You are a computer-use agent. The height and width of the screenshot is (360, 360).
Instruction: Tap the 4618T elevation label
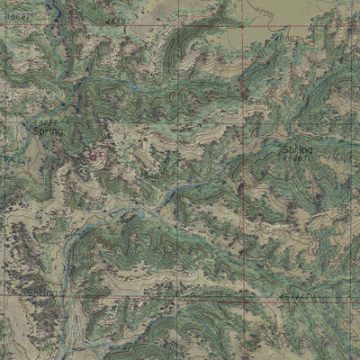pyautogui.click(x=115, y=21)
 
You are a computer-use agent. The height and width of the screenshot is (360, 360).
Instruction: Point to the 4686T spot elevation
pyautogui.click(x=289, y=40)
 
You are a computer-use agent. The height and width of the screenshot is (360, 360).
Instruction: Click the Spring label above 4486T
pyautogui.click(x=298, y=149)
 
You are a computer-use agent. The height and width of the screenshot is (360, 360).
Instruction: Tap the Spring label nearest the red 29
pyautogui.click(x=47, y=131)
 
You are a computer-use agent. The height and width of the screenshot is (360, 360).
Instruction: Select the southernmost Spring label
pyautogui.click(x=41, y=293)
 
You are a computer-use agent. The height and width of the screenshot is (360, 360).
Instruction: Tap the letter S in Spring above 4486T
pyautogui.click(x=286, y=149)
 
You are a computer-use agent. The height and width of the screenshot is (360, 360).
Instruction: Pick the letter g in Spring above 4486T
pyautogui.click(x=310, y=150)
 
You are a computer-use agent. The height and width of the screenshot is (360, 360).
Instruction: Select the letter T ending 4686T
pyautogui.click(x=301, y=40)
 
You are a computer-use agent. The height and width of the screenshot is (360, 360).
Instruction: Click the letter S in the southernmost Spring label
pyautogui.click(x=31, y=293)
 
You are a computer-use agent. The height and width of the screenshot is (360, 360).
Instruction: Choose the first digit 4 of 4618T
pyautogui.click(x=106, y=21)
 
